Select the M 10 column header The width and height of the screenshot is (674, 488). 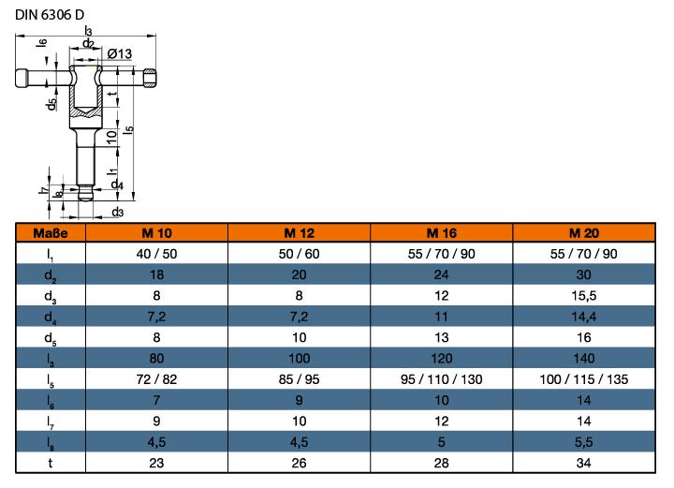coord(156,232)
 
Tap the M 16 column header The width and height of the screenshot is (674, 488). coord(442,232)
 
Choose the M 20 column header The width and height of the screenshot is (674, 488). coord(585,232)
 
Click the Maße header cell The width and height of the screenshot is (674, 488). coord(51,232)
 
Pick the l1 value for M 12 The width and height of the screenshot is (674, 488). coord(299,254)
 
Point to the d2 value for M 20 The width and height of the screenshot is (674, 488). coord(585,274)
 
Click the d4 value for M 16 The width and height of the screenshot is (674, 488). coord(442,318)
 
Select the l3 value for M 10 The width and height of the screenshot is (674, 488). coord(156,359)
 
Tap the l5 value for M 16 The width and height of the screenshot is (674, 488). coord(442,380)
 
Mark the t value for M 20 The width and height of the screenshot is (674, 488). coord(585,464)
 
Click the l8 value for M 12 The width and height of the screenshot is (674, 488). coord(299,443)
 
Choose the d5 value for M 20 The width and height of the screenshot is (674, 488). coord(585,338)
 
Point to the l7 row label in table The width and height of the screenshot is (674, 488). coord(51,422)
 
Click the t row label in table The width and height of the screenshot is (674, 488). coord(51,464)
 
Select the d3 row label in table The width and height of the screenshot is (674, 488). coord(51,296)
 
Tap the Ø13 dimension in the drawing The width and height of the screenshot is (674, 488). coord(119,53)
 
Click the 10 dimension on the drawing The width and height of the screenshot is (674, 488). coord(111,136)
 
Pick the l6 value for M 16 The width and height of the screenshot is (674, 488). coord(442,401)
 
